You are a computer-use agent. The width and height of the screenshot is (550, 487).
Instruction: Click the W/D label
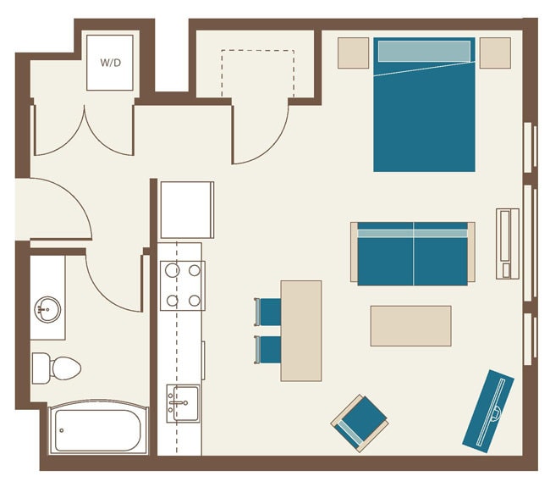click(x=110, y=63)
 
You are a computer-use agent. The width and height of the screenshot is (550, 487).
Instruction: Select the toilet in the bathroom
click(x=57, y=368)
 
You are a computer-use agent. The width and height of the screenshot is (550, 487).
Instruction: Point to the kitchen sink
click(x=183, y=403)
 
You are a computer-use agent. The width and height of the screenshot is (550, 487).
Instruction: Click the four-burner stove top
click(x=183, y=285)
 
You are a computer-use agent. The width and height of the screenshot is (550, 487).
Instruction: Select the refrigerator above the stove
click(x=187, y=210)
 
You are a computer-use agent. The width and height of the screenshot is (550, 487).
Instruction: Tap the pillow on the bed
click(x=424, y=51)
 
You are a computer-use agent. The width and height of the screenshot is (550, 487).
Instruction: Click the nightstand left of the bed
click(x=354, y=53)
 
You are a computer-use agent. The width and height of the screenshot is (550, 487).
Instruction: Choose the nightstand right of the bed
click(x=495, y=53)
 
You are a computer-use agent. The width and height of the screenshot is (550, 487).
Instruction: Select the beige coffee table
click(x=410, y=326)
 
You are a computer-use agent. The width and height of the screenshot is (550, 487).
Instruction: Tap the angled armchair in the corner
click(x=360, y=421)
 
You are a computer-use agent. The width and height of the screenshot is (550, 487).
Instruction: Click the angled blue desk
click(x=488, y=409)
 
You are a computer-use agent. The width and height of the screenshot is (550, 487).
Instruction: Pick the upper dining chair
click(x=269, y=311)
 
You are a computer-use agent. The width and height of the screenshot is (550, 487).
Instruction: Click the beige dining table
click(x=301, y=330)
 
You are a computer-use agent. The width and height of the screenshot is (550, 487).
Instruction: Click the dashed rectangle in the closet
click(x=258, y=73)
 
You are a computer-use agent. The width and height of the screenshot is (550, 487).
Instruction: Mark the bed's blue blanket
click(x=424, y=119)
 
